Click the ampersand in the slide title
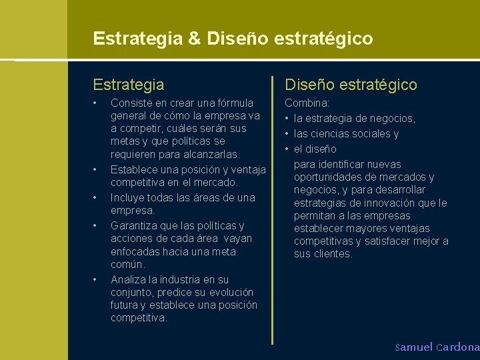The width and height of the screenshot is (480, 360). (195, 39)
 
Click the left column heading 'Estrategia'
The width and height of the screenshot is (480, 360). (129, 85)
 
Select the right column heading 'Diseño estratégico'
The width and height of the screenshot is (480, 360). (351, 85)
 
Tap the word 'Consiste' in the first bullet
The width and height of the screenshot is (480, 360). (131, 103)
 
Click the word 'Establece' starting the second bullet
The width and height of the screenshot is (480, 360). (133, 169)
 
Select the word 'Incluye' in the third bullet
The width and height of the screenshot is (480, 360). (128, 197)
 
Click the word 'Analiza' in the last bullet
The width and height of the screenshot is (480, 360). (129, 279)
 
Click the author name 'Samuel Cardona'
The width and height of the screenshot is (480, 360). (437, 347)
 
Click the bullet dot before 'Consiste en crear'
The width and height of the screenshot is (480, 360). (96, 103)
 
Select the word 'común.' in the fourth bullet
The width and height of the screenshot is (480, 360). (127, 265)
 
